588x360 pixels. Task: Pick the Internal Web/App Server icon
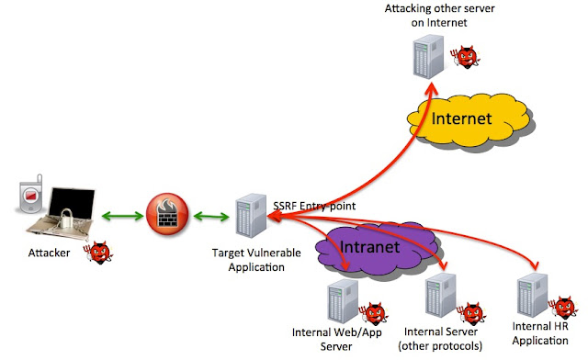[x=340, y=304]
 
